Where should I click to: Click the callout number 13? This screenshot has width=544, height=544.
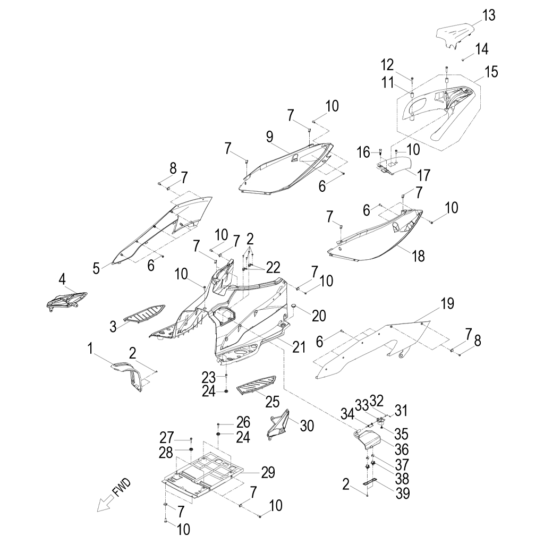[x=489, y=15]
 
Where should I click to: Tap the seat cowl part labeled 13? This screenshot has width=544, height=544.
[x=454, y=37]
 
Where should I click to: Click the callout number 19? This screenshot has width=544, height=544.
[x=447, y=304]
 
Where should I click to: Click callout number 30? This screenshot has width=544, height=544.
[x=307, y=426]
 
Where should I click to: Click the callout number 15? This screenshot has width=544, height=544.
[x=491, y=72]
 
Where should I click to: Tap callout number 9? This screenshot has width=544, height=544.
[x=270, y=137]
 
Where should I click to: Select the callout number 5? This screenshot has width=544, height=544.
[x=96, y=268]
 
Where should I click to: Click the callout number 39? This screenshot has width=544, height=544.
[x=403, y=493]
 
